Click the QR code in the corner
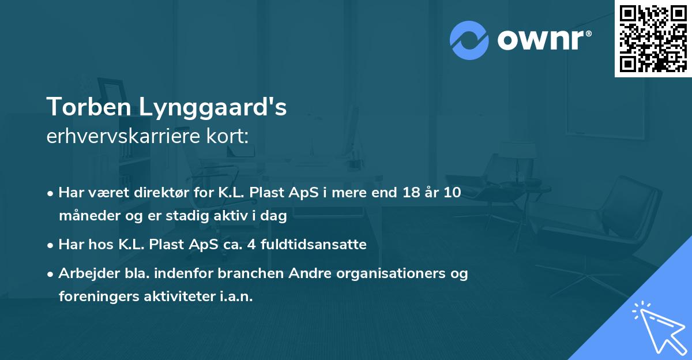coord(653,39)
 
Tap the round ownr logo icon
coord(469,40)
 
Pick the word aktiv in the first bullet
coord(230,217)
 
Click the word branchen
coord(243,273)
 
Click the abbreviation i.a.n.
coord(236,297)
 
